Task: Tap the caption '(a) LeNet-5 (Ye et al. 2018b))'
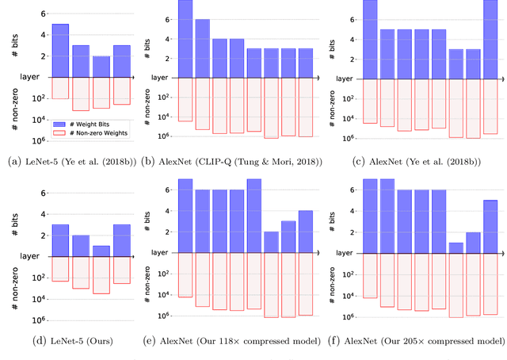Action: [x=70, y=163]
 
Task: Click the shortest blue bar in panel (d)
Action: [x=102, y=250]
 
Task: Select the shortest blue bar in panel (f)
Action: [x=456, y=247]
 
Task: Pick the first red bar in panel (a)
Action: [x=60, y=87]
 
